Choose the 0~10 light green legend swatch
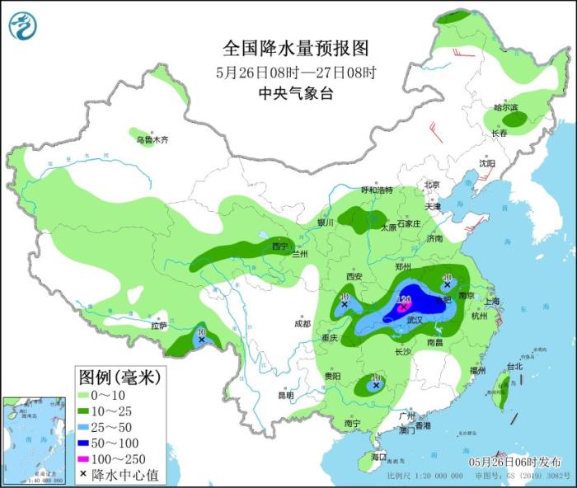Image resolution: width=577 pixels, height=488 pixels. (x=85, y=394)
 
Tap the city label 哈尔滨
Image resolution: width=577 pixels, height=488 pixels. (x=505, y=108)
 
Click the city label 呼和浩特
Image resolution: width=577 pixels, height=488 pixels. (x=377, y=190)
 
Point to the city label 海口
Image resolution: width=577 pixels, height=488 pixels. (x=379, y=456)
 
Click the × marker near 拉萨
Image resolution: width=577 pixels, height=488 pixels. (x=201, y=338)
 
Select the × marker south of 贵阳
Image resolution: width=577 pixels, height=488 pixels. (x=376, y=384)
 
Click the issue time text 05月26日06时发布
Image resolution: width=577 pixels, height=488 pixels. (x=515, y=462)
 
